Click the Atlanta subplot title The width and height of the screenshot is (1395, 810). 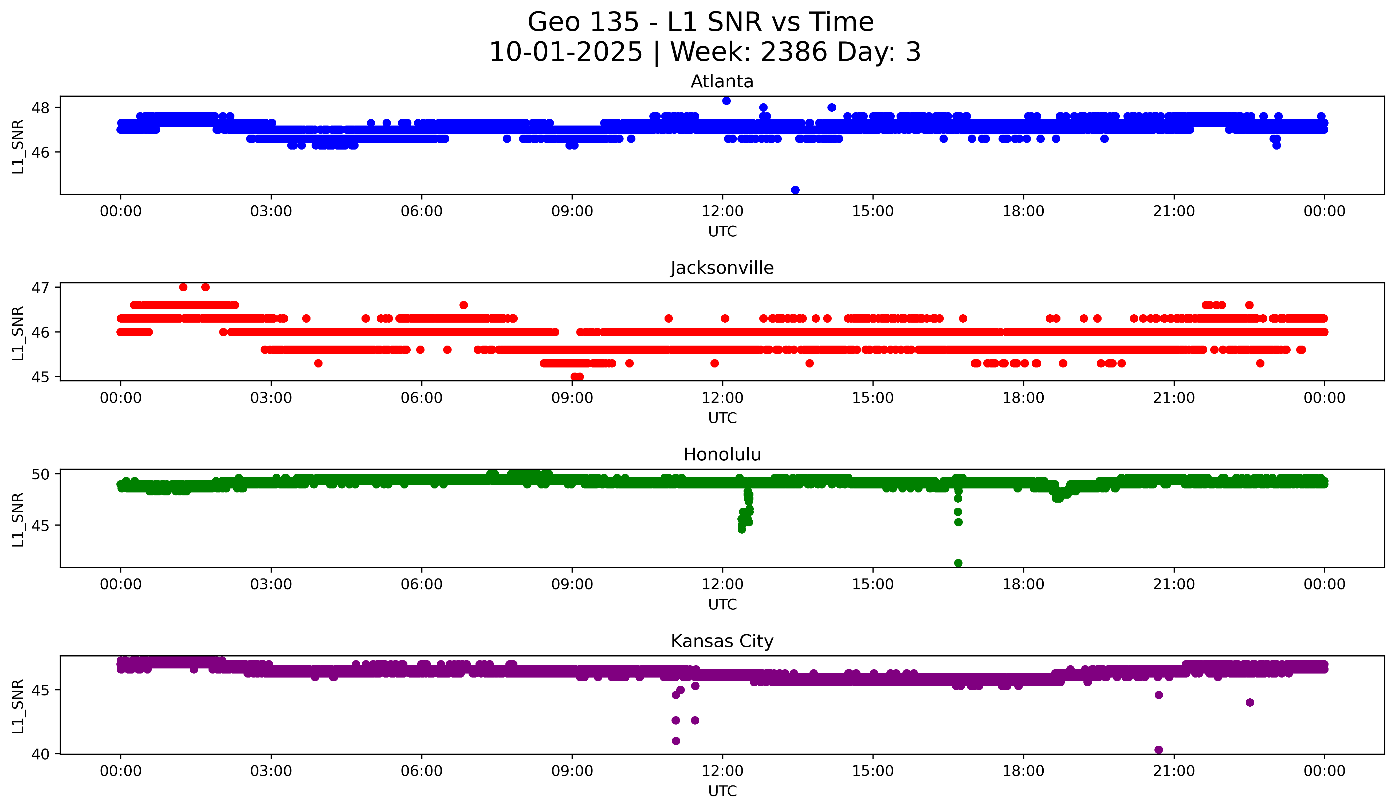click(x=722, y=81)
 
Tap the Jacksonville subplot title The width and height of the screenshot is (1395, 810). click(x=722, y=268)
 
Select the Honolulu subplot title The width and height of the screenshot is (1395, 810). click(x=722, y=455)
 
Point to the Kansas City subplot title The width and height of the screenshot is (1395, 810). click(x=722, y=641)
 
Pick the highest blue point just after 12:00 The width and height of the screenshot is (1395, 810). click(x=726, y=101)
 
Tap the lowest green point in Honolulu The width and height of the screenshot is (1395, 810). click(x=958, y=563)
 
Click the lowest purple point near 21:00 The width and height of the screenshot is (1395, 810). click(x=1159, y=750)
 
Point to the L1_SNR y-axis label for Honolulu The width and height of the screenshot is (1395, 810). click(x=18, y=519)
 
